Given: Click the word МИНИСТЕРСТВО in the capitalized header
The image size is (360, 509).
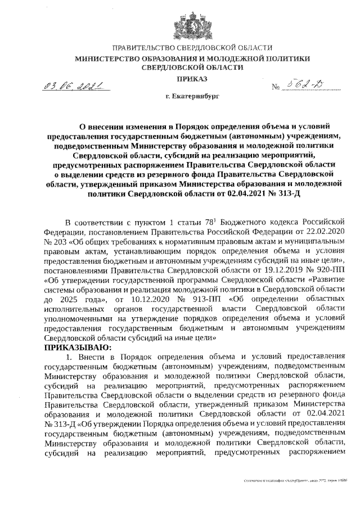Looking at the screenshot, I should coord(109,58).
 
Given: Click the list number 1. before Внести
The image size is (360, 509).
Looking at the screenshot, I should coord(70,358).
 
